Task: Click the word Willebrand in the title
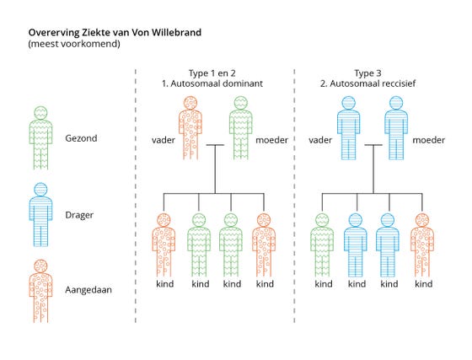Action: (176, 32)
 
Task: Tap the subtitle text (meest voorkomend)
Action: (74, 44)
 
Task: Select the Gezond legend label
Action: (81, 138)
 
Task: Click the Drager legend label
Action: (79, 215)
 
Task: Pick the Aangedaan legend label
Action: (88, 290)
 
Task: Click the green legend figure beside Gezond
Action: (40, 138)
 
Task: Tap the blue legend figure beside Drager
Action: (40, 214)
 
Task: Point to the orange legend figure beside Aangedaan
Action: (40, 291)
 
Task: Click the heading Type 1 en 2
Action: (212, 73)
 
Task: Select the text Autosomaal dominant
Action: (217, 83)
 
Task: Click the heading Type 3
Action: (367, 73)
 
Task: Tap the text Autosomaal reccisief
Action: (373, 83)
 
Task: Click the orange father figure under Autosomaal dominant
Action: (190, 127)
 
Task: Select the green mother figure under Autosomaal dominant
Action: (241, 127)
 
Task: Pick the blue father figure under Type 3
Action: (349, 127)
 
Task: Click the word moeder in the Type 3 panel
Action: (429, 140)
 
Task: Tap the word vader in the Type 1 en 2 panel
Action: (164, 140)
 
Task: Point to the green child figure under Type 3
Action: (322, 245)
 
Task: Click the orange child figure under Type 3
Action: (422, 245)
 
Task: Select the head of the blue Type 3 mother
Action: (396, 103)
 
